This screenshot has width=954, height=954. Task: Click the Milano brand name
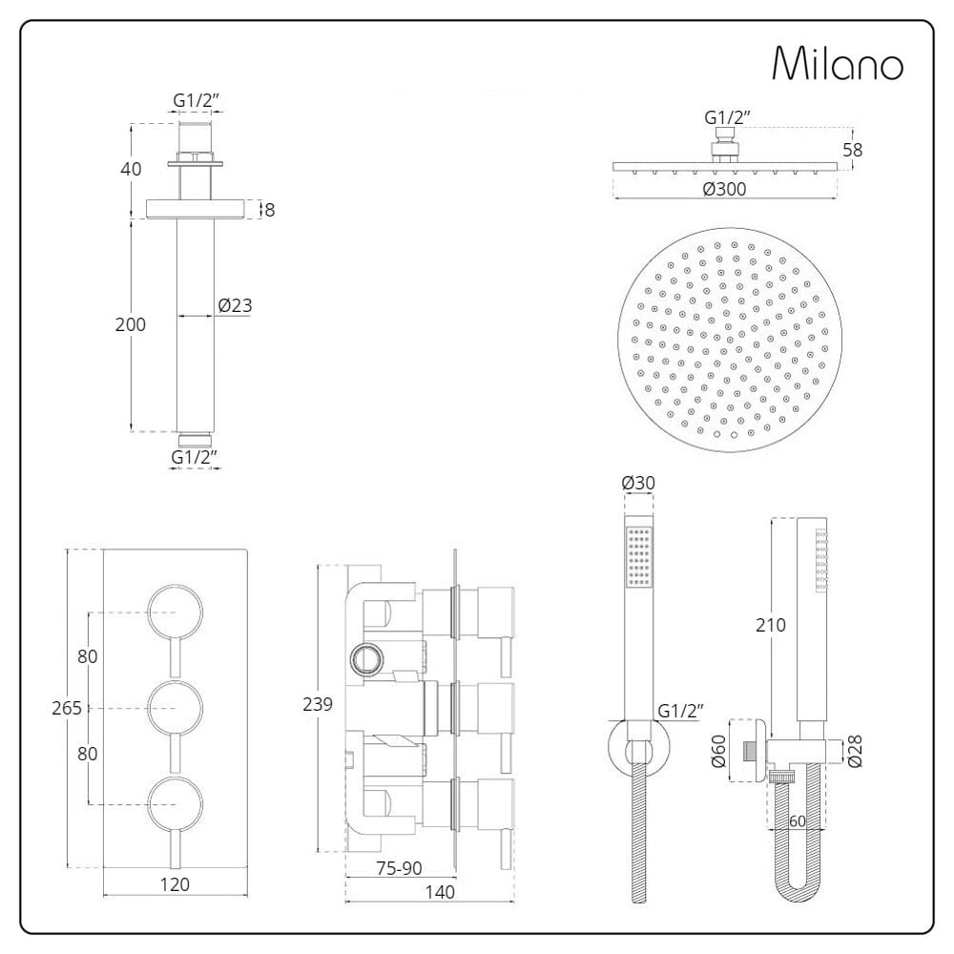click(838, 63)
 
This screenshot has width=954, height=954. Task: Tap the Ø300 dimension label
click(724, 189)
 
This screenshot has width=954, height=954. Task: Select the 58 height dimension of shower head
click(852, 150)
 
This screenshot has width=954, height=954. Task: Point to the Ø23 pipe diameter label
click(235, 305)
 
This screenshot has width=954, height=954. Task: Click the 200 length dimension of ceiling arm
click(131, 324)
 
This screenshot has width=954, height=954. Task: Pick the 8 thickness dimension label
click(270, 210)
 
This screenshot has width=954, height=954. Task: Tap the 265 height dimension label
click(67, 708)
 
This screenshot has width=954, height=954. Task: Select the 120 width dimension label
click(175, 884)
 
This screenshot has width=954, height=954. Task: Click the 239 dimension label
click(318, 705)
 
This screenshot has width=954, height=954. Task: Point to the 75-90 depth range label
click(399, 868)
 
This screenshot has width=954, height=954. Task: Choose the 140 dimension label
click(439, 892)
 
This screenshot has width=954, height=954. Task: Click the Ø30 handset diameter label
click(638, 483)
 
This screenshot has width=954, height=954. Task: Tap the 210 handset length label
click(771, 625)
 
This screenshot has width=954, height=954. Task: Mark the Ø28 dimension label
click(854, 751)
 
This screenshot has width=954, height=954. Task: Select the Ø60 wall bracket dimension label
click(718, 751)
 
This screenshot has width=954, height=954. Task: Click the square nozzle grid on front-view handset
click(639, 556)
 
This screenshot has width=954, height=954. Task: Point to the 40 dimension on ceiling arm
click(131, 169)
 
